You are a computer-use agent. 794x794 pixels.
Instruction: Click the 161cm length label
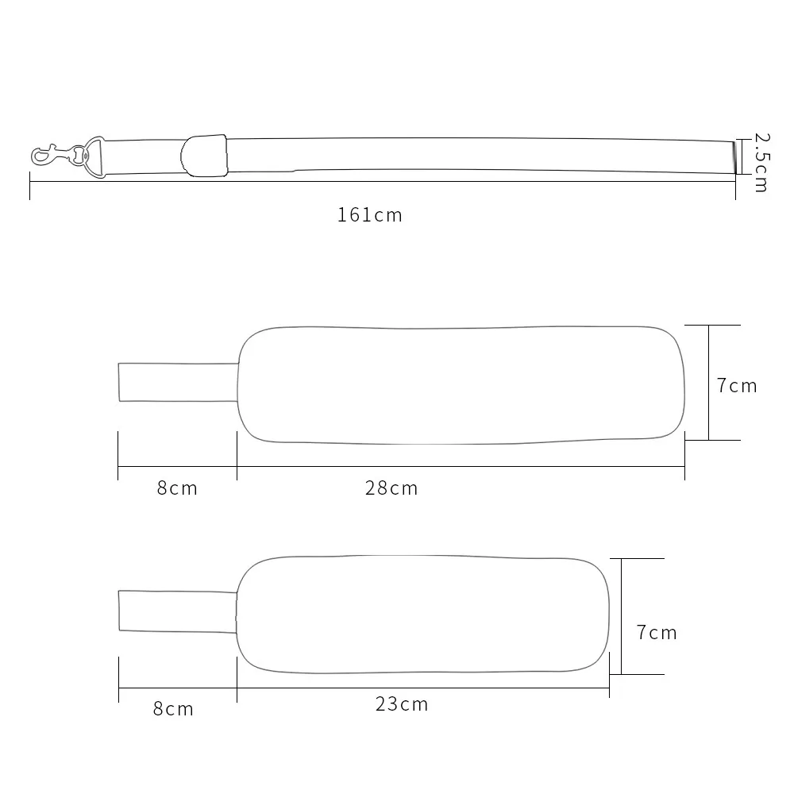370,215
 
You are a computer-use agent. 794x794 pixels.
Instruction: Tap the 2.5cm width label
761,163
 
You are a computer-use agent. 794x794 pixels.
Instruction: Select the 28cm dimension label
391,488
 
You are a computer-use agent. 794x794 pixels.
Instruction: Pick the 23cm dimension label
402,704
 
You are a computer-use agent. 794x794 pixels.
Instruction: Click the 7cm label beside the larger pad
737,386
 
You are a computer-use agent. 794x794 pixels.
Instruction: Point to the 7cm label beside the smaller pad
657,633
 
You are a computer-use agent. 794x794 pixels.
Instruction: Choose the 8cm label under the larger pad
177,488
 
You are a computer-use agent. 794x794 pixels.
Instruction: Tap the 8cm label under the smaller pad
173,709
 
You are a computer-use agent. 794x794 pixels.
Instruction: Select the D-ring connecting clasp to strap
94,157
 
